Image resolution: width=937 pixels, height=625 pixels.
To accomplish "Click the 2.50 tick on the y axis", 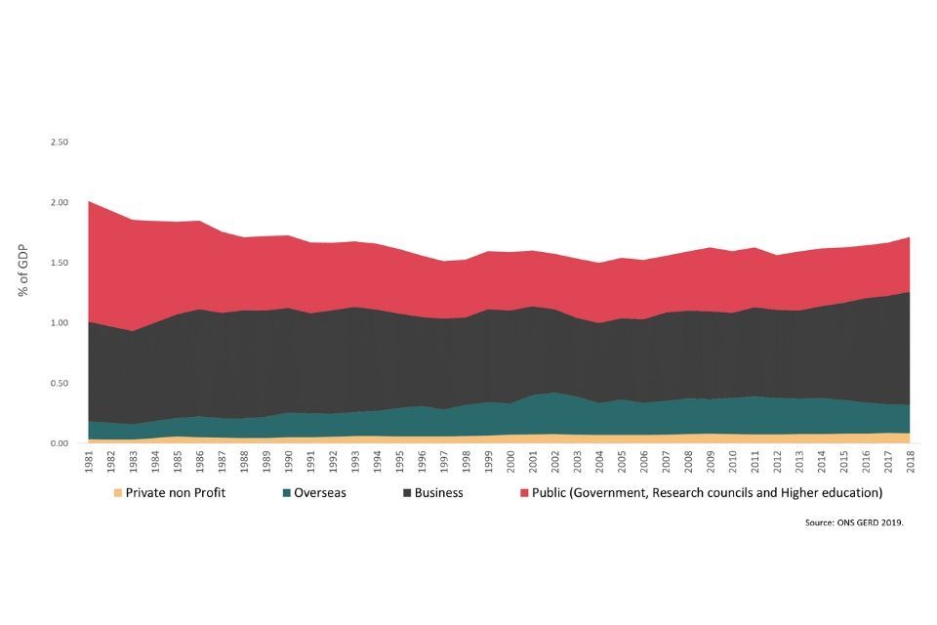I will tap(60, 143).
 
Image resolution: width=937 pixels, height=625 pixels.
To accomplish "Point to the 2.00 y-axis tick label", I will tap(60, 203).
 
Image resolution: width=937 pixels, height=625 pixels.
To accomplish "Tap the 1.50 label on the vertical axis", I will tap(60, 264).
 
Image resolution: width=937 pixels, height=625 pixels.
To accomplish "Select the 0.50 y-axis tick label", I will tap(60, 384).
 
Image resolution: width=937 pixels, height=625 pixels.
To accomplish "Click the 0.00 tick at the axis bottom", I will tap(60, 444).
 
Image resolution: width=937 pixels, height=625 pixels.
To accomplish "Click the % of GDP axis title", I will tap(23, 270).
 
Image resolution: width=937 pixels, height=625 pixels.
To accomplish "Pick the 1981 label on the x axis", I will tap(89, 462).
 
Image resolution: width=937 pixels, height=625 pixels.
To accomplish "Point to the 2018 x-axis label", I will tap(911, 462).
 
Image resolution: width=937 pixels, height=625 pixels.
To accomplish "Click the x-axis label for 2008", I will tap(689, 462).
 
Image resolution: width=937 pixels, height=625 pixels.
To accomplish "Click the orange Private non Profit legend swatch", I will tap(118, 493).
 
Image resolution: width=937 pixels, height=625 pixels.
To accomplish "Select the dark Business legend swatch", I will tap(406, 493).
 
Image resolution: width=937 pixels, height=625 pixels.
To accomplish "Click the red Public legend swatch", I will tap(523, 493).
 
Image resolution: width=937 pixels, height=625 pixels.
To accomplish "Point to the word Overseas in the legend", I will tap(321, 493).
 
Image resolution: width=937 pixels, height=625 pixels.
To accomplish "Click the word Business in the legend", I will tap(439, 493).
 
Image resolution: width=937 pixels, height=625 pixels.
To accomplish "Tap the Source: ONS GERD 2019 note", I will tap(854, 522).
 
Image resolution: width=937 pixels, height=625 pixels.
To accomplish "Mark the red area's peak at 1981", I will tap(89, 201).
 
